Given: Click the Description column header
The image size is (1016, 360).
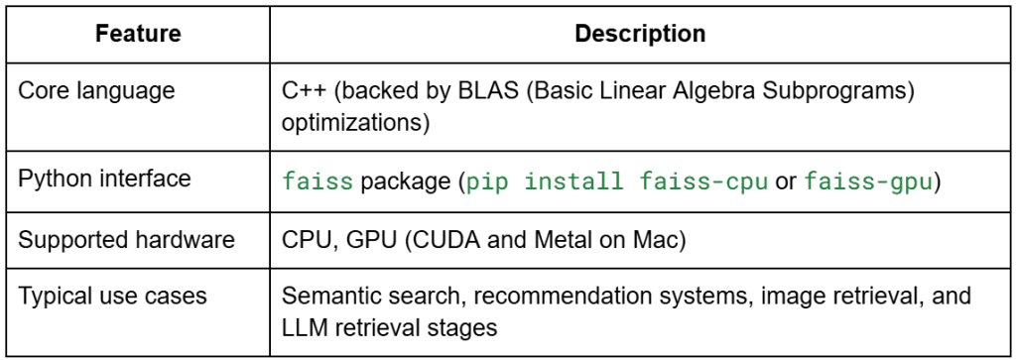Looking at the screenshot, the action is pos(640,34).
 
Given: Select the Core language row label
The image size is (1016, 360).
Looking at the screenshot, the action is pos(96,90).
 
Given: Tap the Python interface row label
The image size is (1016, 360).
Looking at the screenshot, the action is pos(104,179).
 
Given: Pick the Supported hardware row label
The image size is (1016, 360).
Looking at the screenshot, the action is pos(126,240).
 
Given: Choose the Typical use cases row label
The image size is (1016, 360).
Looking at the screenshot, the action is pos(112,296).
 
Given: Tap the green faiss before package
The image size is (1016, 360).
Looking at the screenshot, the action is pos(317,181).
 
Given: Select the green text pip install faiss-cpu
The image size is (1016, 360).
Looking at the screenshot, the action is pos(617,181).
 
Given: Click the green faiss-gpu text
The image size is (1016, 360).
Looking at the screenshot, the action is pos(868,181).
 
